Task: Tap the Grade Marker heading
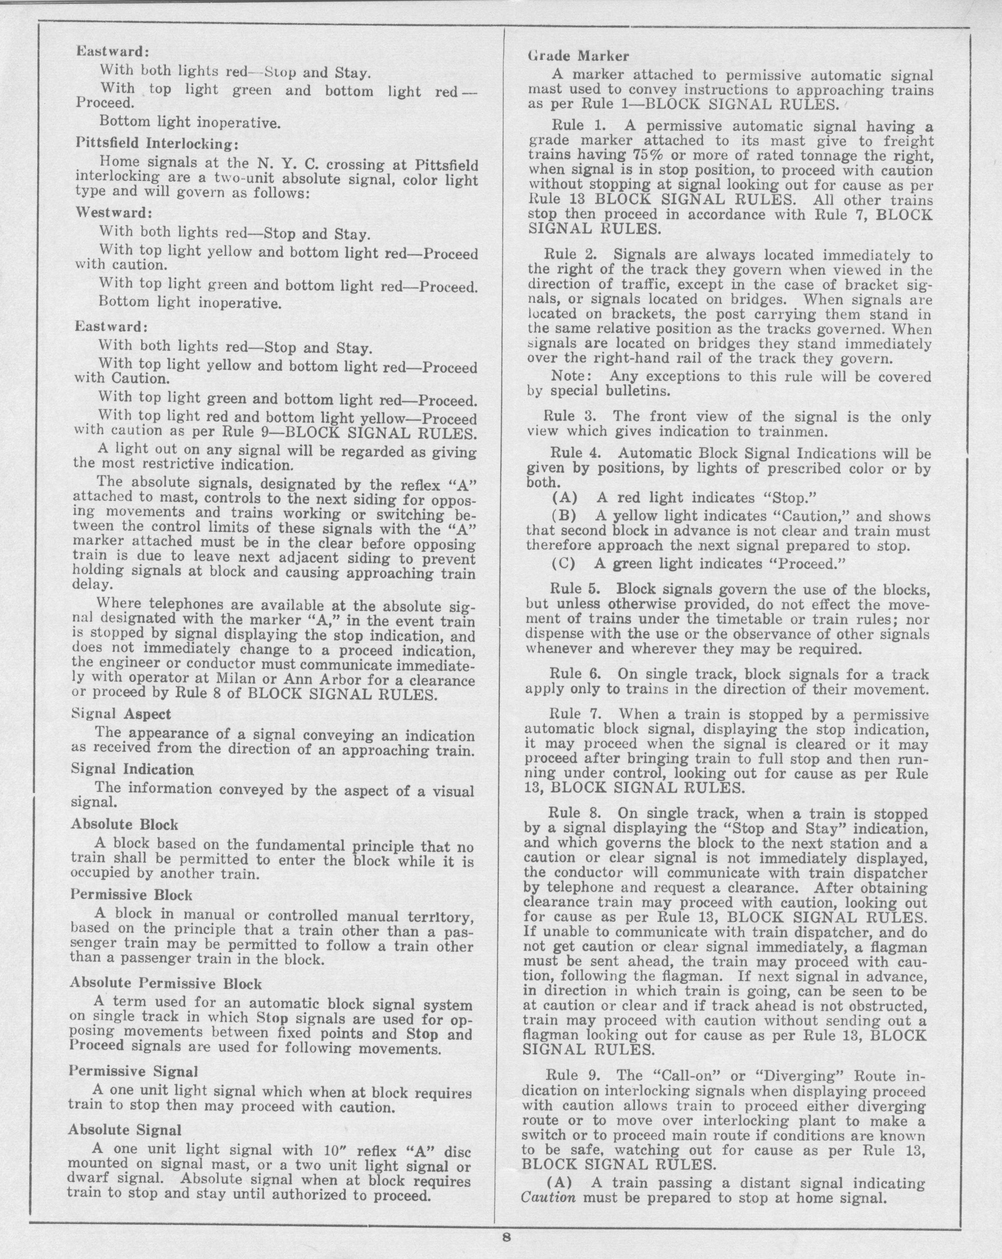click(x=578, y=56)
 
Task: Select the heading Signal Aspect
click(x=121, y=714)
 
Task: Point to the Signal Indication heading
click(x=132, y=770)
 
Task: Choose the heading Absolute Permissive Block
click(x=165, y=983)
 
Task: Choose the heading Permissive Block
click(x=132, y=895)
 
